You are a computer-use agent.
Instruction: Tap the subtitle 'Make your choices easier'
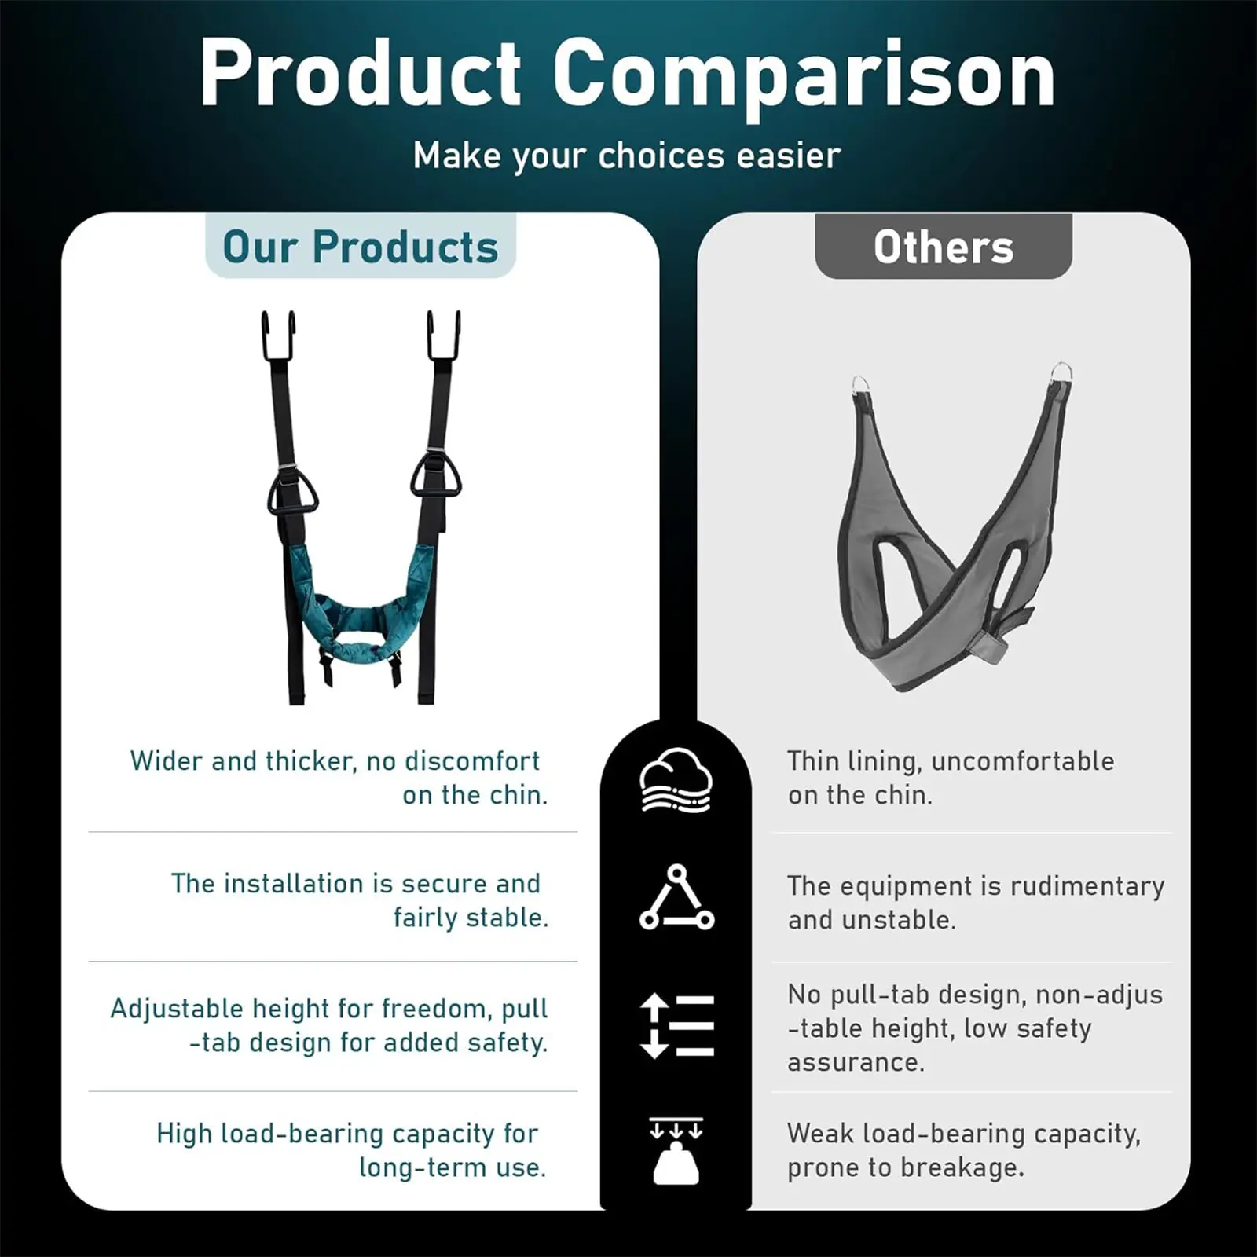point(627,156)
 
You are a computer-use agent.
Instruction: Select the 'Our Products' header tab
point(361,246)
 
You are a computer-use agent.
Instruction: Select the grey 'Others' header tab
point(944,246)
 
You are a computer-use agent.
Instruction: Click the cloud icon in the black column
point(676,780)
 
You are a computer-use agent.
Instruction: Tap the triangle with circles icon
point(676,897)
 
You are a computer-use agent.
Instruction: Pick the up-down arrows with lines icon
point(676,1026)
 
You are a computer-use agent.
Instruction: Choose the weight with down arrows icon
point(676,1151)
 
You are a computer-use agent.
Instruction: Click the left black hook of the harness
point(278,335)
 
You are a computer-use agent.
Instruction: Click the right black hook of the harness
point(444,335)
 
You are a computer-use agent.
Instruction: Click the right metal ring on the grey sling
point(1061,372)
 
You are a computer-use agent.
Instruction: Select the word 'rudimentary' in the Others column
point(1087,886)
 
